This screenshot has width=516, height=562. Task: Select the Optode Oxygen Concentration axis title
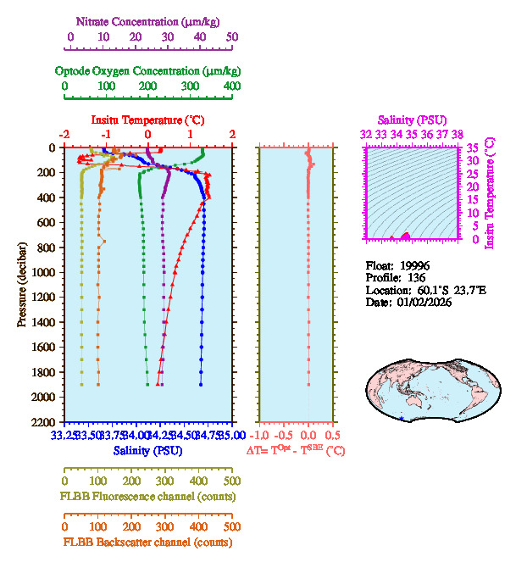tap(147, 70)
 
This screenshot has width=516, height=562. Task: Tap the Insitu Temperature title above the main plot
tap(147, 120)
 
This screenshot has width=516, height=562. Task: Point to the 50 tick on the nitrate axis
tap(232, 37)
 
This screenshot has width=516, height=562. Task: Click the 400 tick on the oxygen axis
tap(232, 86)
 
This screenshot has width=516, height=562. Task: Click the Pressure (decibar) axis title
tap(22, 285)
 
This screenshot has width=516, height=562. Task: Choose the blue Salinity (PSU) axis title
tap(147, 450)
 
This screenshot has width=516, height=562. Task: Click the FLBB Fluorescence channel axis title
tap(147, 496)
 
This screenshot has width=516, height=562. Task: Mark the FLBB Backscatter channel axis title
tap(147, 542)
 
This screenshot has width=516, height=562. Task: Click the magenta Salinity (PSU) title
tap(412, 120)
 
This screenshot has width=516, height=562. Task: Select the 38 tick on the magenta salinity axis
tap(458, 134)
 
